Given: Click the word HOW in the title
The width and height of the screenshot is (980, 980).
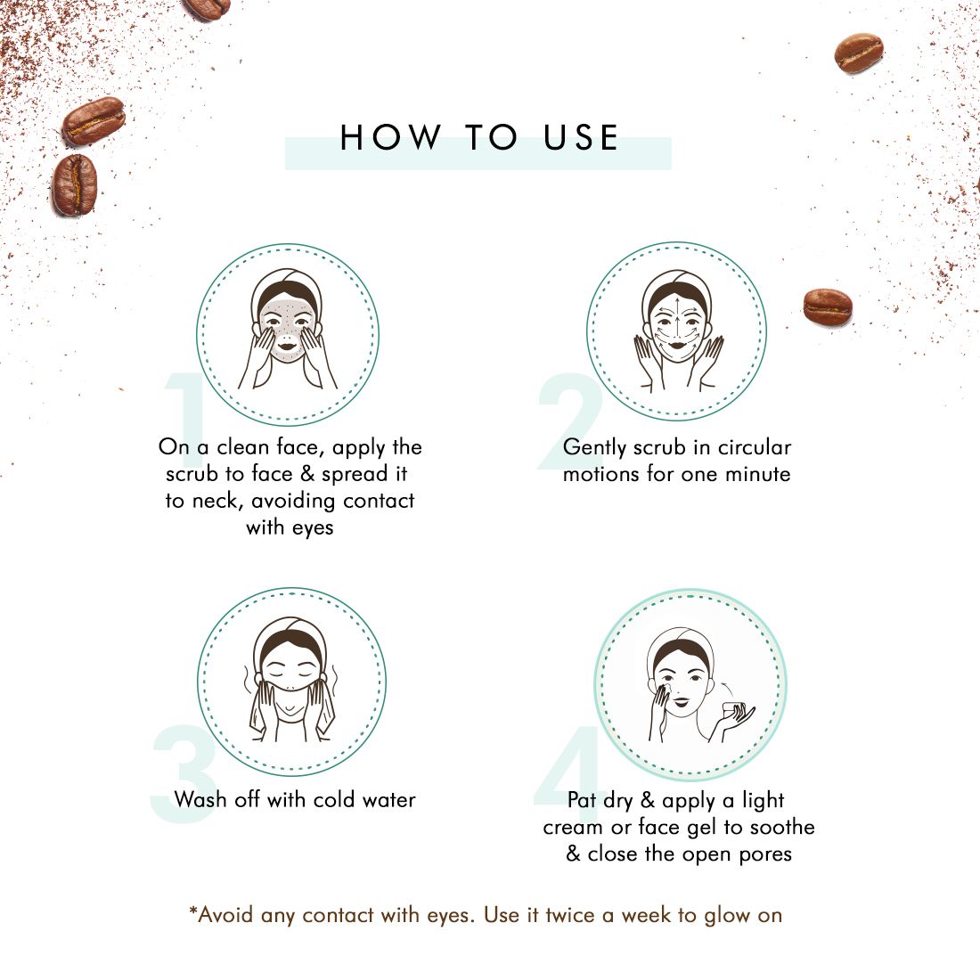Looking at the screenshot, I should pyautogui.click(x=390, y=138).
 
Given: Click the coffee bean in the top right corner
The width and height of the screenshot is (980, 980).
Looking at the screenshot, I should pyautogui.click(x=858, y=53).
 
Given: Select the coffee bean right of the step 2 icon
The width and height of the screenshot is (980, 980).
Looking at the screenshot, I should pyautogui.click(x=828, y=306).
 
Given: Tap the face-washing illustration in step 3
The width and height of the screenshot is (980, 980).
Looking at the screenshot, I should pyautogui.click(x=290, y=682).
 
